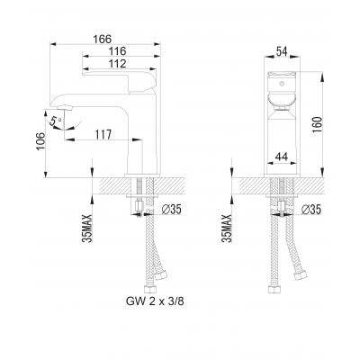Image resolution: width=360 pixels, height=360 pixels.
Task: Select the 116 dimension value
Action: (x=117, y=54)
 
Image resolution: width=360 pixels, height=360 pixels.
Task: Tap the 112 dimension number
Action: (x=118, y=67)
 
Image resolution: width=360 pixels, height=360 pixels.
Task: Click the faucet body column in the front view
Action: (x=282, y=135)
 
